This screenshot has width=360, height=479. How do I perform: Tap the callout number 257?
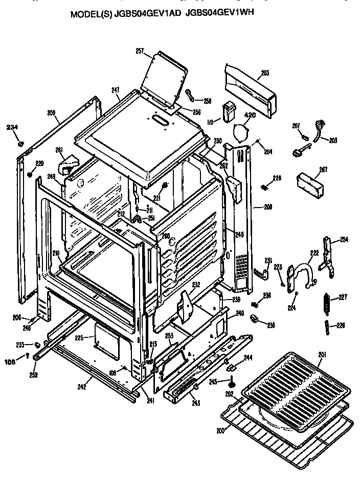140,51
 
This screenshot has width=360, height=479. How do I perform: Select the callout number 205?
264,73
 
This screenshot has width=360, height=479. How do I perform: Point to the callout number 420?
249,115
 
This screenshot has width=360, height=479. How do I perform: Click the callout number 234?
12,127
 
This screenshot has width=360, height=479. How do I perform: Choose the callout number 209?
51,112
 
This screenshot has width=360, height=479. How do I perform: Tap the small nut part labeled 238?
255,320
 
